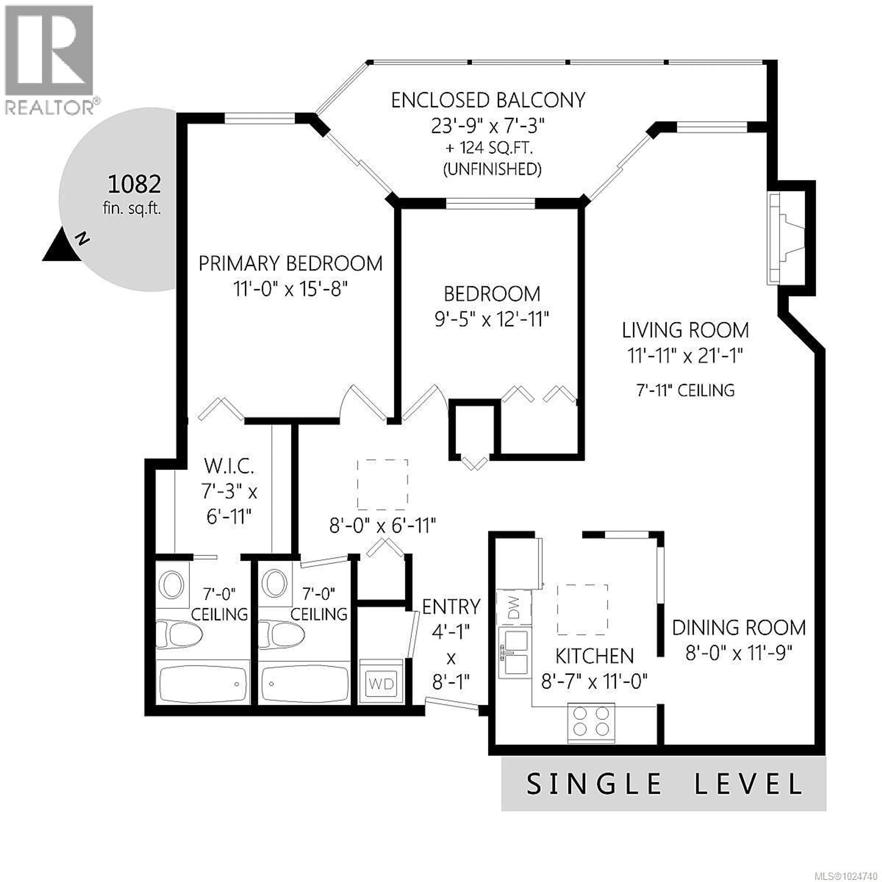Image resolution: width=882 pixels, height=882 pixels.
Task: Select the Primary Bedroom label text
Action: (290, 264)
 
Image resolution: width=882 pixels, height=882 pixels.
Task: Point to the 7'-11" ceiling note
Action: (685, 390)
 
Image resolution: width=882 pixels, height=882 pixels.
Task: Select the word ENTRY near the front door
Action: (451, 607)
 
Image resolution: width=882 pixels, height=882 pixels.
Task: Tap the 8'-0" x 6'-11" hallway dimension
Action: (383, 526)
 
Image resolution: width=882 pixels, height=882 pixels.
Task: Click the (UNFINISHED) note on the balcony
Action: (493, 169)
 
